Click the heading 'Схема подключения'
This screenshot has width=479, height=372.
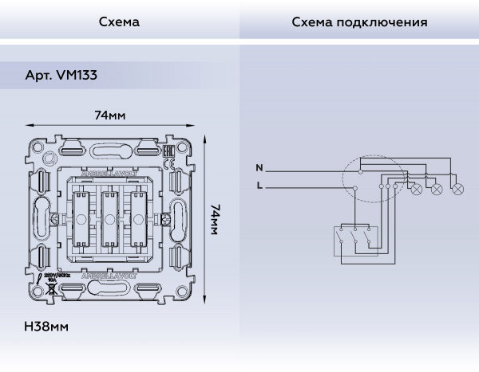pyautogui.click(x=359, y=22)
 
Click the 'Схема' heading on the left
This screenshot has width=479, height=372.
pyautogui.click(x=119, y=22)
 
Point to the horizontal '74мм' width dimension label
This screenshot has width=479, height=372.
pyautogui.click(x=110, y=115)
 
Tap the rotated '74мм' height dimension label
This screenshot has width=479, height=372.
pyautogui.click(x=213, y=217)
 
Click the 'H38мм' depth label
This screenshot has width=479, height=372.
pyautogui.click(x=47, y=327)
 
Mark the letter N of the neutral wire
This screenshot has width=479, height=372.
pyautogui.click(x=259, y=169)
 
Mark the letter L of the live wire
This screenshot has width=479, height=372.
pyautogui.click(x=259, y=186)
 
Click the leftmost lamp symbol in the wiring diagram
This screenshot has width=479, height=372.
pyautogui.click(x=415, y=189)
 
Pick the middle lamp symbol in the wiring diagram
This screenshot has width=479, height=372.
pyautogui.click(x=436, y=189)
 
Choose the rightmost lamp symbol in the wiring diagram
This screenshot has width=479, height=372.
pyautogui.click(x=457, y=189)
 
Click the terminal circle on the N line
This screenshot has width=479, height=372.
pyautogui.click(x=360, y=169)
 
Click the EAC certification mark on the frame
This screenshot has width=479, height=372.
pyautogui.click(x=169, y=149)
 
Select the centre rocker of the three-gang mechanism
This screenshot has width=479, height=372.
pyautogui.click(x=110, y=217)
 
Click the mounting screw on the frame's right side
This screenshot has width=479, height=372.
pyautogui.click(x=168, y=217)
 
